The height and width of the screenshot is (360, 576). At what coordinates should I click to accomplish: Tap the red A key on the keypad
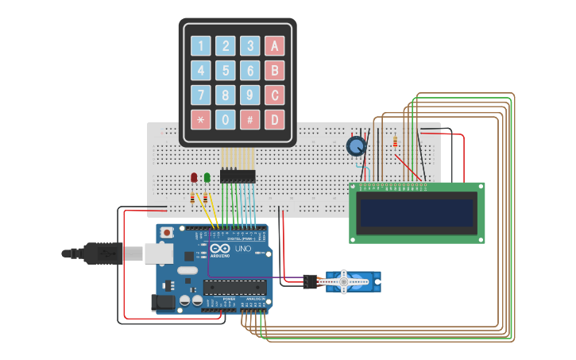click(275, 46)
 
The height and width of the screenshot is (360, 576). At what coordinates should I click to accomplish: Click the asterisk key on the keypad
click(202, 120)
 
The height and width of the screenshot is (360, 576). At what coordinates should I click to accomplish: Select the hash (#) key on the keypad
click(250, 120)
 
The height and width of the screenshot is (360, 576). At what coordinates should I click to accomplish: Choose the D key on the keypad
click(275, 120)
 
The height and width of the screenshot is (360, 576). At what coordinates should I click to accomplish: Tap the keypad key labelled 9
click(250, 95)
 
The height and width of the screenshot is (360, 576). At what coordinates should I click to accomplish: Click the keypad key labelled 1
click(202, 46)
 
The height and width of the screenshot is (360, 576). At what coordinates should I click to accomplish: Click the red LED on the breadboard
click(194, 177)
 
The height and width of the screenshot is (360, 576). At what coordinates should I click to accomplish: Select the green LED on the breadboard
click(207, 177)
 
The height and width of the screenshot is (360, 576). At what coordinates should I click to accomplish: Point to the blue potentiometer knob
click(357, 146)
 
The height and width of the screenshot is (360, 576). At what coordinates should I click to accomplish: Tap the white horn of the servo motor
click(343, 281)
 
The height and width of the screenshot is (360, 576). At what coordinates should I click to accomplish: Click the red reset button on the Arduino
click(167, 233)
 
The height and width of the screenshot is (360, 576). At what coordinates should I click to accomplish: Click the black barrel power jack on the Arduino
click(163, 302)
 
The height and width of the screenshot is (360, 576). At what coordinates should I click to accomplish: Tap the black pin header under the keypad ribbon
click(238, 176)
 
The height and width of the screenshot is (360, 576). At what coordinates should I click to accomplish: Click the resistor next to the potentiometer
click(396, 142)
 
